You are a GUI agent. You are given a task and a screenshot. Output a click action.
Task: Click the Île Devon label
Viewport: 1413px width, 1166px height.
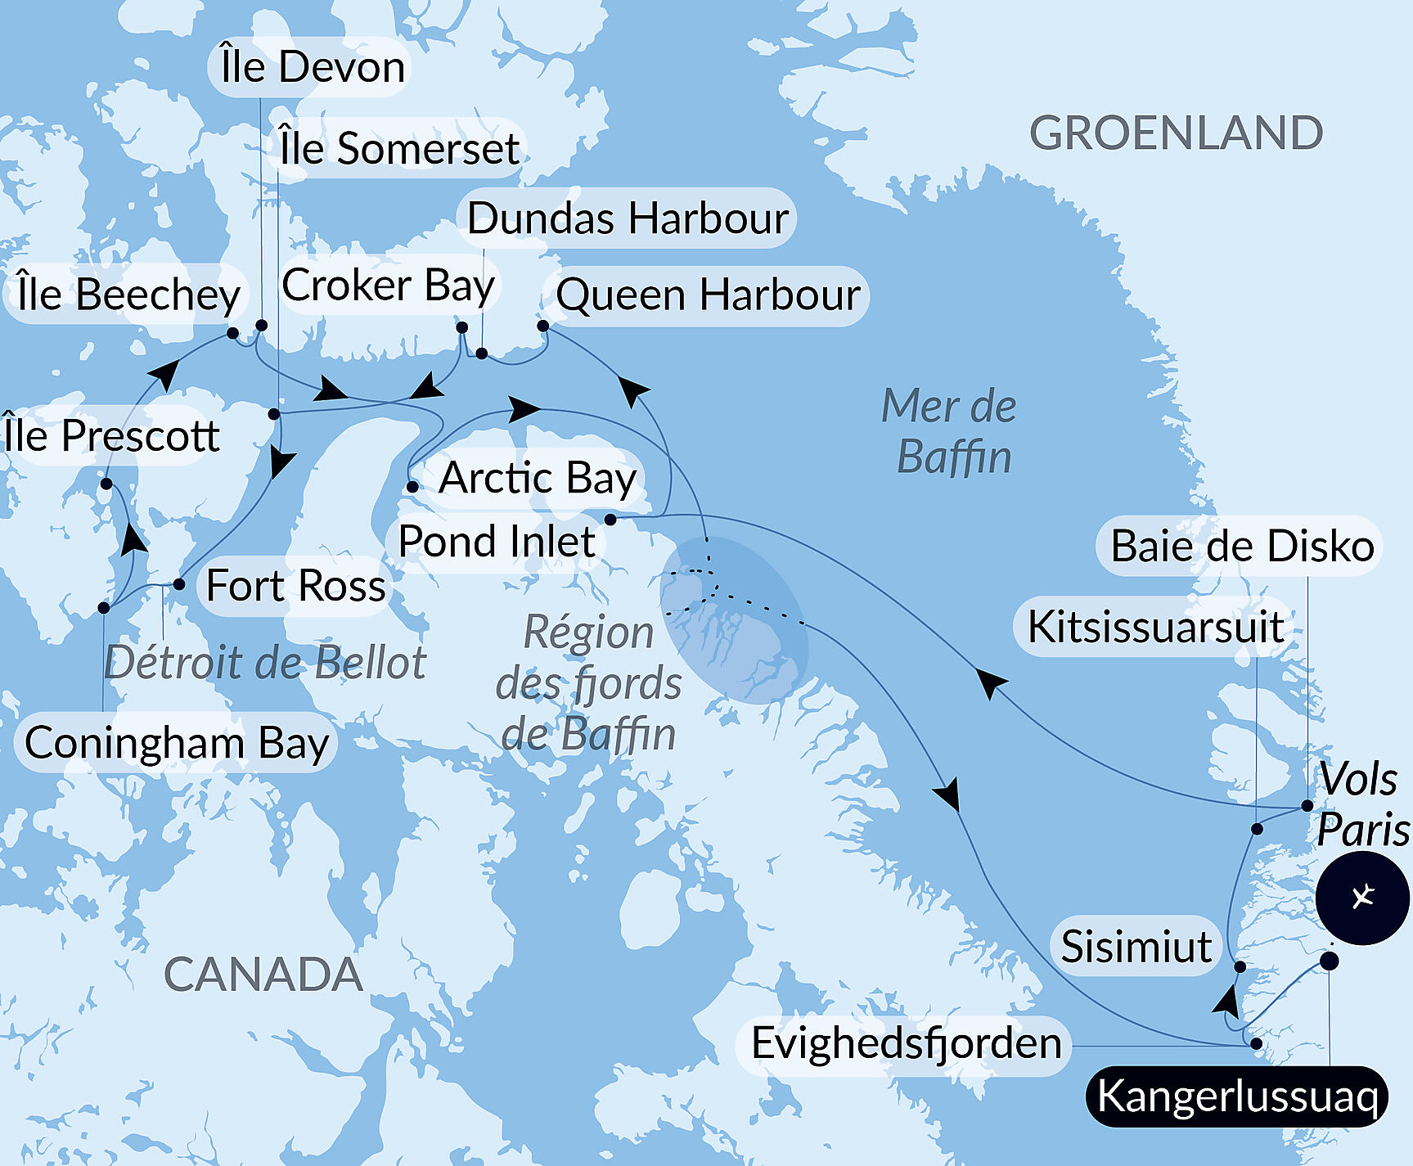(x=313, y=67)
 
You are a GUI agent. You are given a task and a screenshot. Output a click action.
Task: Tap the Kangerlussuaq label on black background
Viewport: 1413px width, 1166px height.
(x=1236, y=1096)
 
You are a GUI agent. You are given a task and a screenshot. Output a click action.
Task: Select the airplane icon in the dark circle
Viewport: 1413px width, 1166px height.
(x=1362, y=898)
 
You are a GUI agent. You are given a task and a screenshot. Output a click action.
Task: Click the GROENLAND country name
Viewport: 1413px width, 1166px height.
(x=1176, y=133)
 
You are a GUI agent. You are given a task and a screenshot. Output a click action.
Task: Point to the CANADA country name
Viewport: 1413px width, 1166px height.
(x=263, y=975)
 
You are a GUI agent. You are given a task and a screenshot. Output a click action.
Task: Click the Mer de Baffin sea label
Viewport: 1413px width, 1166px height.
(x=951, y=431)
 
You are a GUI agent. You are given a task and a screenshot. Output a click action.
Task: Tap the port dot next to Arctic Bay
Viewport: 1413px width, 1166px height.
(x=413, y=487)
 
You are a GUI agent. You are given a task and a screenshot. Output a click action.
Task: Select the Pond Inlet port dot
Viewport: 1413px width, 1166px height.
(x=610, y=520)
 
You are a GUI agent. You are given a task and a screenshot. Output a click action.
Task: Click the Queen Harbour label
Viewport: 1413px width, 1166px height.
(x=708, y=295)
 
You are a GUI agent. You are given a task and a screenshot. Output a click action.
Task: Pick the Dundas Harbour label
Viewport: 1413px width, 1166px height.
(x=628, y=218)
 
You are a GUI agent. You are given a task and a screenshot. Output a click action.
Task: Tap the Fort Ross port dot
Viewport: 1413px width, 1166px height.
(x=179, y=584)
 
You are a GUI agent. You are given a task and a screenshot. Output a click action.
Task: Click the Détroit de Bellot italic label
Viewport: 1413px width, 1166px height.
(x=265, y=662)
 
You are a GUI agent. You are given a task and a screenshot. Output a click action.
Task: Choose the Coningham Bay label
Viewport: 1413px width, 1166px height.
(x=176, y=743)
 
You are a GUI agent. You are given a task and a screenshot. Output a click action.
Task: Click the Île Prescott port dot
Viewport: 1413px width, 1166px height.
(x=106, y=484)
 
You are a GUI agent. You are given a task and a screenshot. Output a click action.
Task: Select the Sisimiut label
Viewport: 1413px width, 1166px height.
(x=1136, y=947)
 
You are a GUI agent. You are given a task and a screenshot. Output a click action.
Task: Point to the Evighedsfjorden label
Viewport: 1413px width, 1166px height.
(x=906, y=1043)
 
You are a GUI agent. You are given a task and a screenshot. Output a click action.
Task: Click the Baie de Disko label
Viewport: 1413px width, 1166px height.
(x=1241, y=546)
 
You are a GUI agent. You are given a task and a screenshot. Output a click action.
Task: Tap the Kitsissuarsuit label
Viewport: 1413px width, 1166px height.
(x=1154, y=627)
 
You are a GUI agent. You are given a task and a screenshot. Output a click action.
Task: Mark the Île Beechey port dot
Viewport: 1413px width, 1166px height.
(x=232, y=333)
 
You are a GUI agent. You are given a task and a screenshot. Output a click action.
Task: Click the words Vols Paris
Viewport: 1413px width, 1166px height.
(x=1361, y=804)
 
